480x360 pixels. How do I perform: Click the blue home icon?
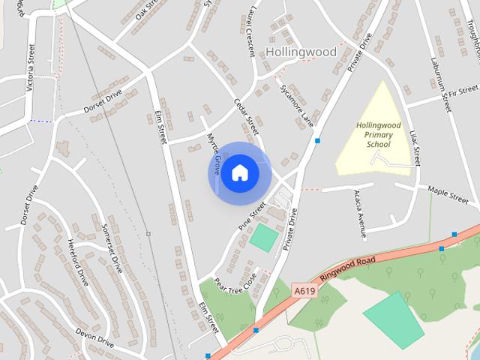240,173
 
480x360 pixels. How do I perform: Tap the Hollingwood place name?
301,52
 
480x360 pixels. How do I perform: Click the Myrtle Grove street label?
213,149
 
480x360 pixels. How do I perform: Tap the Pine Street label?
253,215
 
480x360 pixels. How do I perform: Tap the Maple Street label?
448,196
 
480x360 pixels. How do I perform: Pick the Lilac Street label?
414,148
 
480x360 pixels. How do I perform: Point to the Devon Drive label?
94,336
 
